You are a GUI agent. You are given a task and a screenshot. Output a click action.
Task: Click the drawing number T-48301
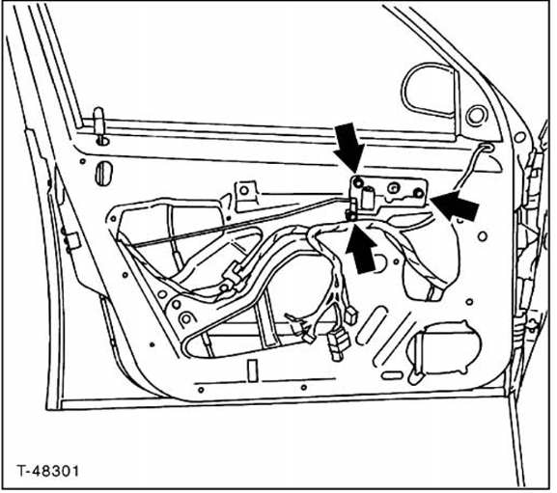[47, 472]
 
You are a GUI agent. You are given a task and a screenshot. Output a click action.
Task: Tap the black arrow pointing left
[455, 205]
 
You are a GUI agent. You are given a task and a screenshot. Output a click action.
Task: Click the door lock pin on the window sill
[98, 124]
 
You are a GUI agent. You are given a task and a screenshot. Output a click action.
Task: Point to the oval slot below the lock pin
[103, 174]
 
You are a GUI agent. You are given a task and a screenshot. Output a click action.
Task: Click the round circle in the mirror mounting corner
[476, 116]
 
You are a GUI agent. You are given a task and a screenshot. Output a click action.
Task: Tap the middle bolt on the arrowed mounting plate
[394, 188]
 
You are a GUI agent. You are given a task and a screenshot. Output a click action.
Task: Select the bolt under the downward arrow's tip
[358, 182]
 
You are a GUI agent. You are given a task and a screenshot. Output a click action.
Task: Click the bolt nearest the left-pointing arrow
[419, 194]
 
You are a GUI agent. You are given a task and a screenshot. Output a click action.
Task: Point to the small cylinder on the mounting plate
[368, 195]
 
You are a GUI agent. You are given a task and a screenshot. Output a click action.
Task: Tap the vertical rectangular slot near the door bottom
[253, 370]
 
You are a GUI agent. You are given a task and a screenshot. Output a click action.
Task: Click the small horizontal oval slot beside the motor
[392, 374]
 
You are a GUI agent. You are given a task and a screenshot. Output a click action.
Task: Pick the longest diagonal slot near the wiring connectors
[394, 340]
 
